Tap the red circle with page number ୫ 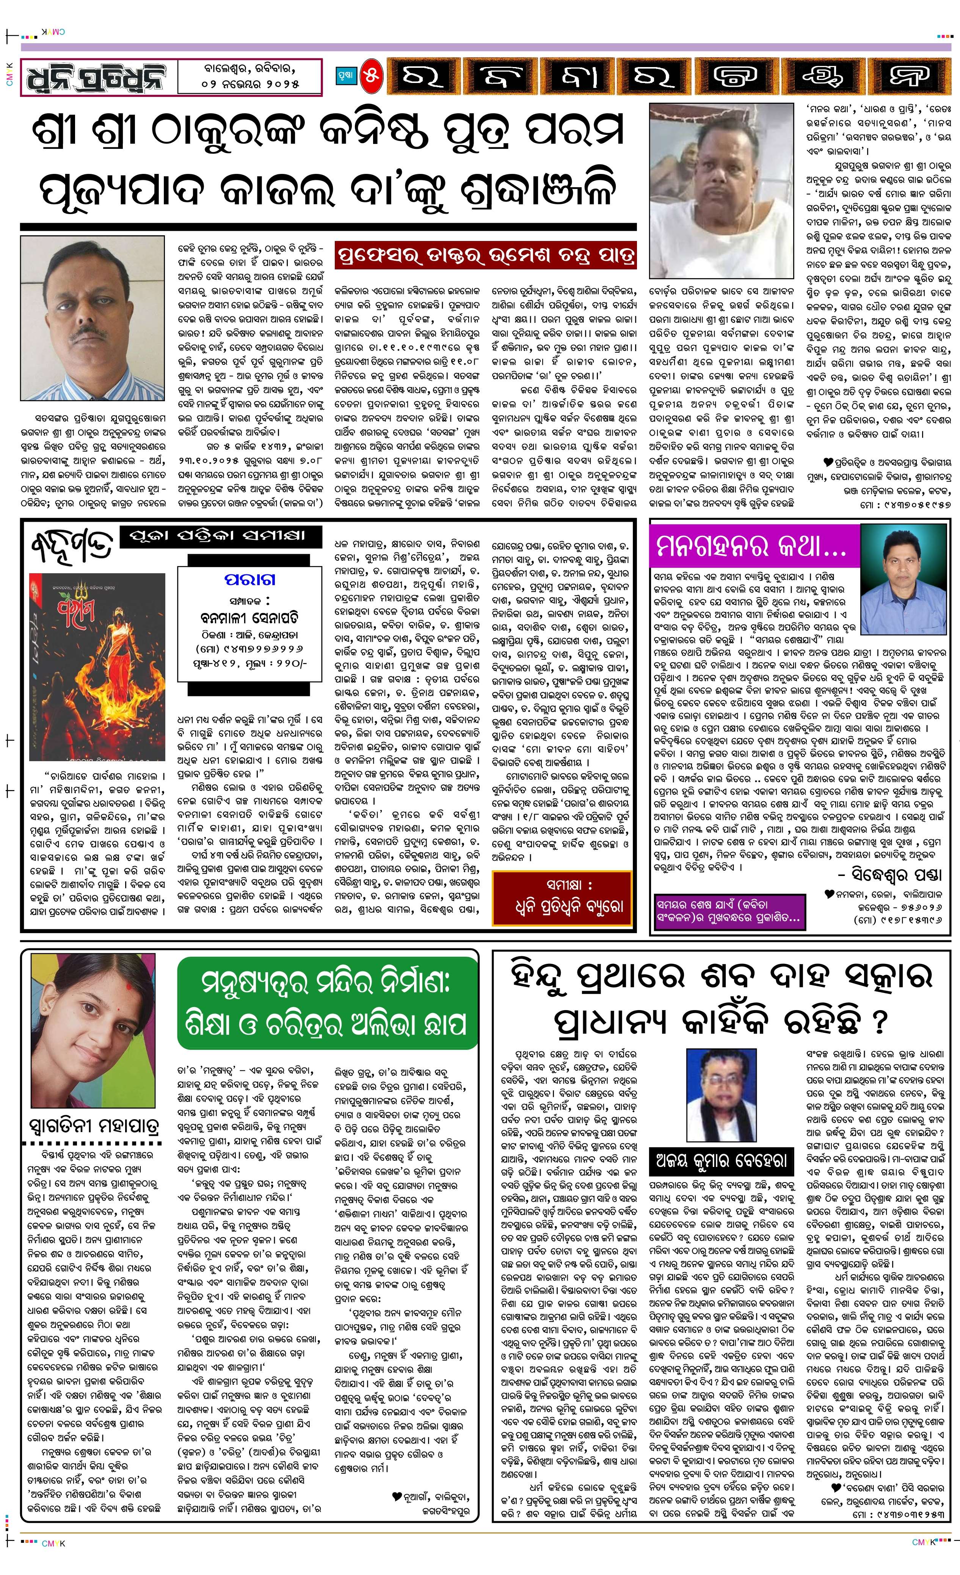[372, 77]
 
